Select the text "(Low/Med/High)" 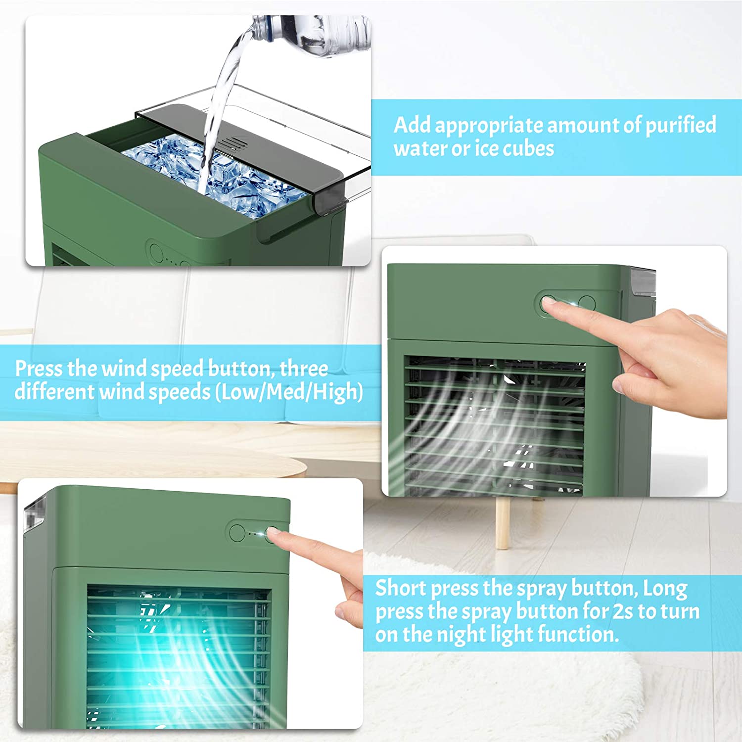289,392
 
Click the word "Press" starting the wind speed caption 39,369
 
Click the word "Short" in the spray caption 401,588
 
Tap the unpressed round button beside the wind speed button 587,303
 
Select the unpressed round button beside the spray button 237,533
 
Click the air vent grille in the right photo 495,425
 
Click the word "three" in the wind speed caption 304,369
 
